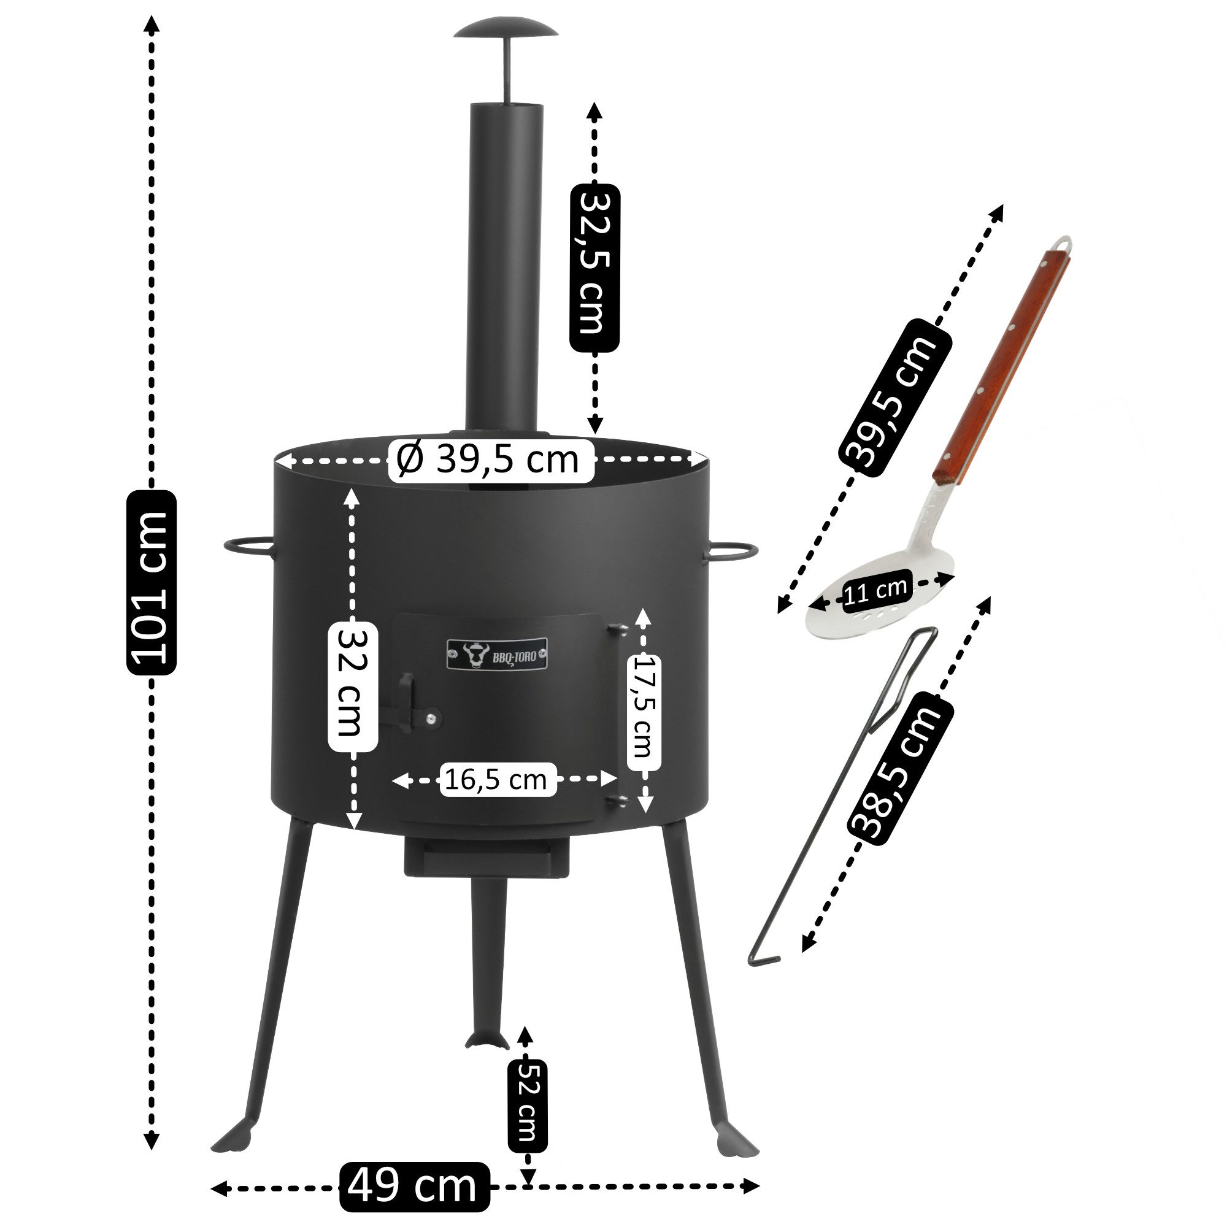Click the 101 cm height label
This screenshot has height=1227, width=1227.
point(152,582)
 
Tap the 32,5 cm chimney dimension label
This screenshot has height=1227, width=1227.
point(594,267)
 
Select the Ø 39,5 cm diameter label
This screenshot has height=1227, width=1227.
point(490,459)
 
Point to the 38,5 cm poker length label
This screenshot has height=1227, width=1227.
point(901,769)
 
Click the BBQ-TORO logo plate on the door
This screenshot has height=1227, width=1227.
point(497,655)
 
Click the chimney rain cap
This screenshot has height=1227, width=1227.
point(506,29)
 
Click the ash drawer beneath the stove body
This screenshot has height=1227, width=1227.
point(487,858)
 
